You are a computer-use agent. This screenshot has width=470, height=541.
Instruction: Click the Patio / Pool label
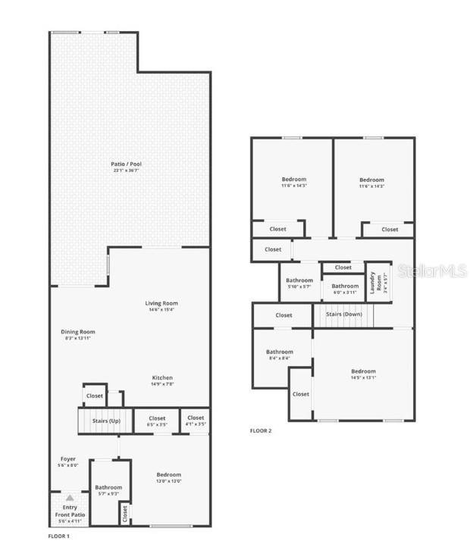click(127, 167)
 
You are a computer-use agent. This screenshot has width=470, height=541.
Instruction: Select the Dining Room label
click(78, 334)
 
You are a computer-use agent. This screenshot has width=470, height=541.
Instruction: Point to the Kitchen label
click(162, 380)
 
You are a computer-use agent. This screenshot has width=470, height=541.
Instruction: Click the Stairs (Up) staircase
click(105, 421)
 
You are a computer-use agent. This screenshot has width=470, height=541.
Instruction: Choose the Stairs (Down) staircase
click(343, 314)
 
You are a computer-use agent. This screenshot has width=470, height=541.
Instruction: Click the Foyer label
click(68, 461)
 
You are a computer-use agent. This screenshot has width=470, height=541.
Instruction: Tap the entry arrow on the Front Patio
click(69, 498)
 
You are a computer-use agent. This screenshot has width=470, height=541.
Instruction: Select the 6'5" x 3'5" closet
click(157, 421)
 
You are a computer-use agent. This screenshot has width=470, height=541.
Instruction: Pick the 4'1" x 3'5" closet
click(196, 421)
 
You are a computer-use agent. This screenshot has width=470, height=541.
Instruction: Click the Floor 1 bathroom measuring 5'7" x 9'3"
click(108, 490)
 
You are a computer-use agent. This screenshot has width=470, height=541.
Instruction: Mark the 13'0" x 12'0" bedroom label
click(169, 477)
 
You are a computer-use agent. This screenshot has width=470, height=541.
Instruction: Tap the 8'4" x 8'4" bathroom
click(280, 355)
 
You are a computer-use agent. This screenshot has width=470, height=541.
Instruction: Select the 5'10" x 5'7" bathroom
click(299, 283)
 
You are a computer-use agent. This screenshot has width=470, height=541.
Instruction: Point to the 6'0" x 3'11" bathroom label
click(345, 289)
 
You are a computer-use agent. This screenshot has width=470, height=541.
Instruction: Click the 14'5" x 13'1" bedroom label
click(363, 374)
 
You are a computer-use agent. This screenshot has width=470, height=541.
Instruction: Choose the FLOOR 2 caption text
click(261, 431)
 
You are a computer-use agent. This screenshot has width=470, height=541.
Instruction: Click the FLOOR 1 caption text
click(58, 536)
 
